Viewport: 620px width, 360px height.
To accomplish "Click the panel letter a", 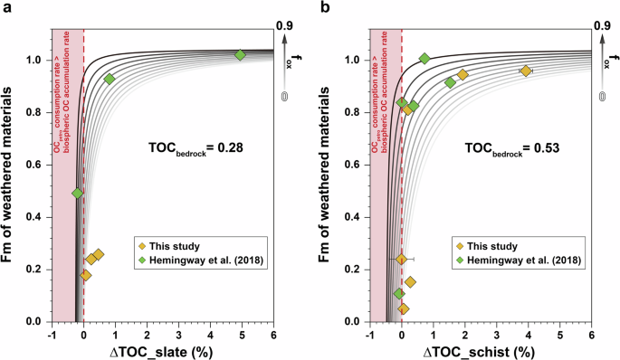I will pyautogui.click(x=6, y=8).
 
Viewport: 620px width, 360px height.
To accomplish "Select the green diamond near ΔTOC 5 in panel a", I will pyautogui.click(x=240, y=55).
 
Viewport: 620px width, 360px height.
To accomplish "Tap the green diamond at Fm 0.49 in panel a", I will pyautogui.click(x=78, y=194).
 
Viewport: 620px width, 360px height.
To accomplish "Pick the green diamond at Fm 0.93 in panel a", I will pyautogui.click(x=110, y=79).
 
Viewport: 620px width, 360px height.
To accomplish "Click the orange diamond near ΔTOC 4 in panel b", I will pyautogui.click(x=525, y=71).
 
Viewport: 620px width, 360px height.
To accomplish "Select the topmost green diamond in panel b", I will pyautogui.click(x=424, y=59).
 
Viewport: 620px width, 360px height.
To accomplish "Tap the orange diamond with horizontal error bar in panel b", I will pyautogui.click(x=401, y=260).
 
